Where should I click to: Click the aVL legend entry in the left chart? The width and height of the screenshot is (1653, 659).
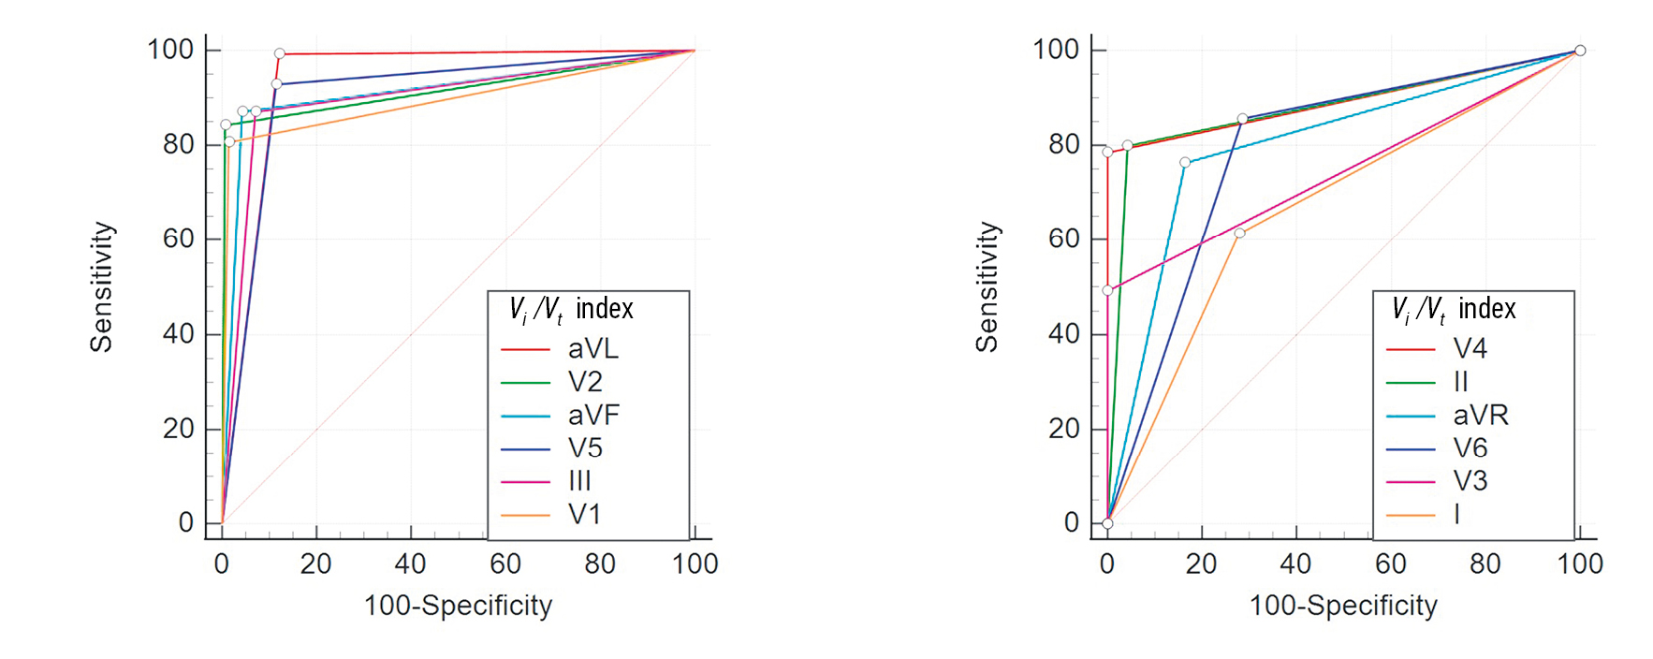[592, 349]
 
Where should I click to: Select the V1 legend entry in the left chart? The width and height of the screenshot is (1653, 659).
[584, 514]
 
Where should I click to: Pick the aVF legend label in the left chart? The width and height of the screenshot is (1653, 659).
[593, 415]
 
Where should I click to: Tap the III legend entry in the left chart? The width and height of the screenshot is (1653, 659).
[579, 481]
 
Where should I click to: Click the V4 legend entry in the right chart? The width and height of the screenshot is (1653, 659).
[1470, 349]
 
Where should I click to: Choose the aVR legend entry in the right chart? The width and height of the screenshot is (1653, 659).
[1480, 415]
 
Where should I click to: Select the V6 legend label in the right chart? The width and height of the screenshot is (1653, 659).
[1470, 448]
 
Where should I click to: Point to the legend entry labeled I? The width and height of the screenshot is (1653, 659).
[1456, 514]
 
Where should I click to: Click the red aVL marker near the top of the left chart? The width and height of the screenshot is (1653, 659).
[279, 53]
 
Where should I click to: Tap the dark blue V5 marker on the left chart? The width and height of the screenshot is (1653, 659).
[276, 84]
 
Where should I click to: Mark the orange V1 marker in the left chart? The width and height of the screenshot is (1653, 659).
[229, 142]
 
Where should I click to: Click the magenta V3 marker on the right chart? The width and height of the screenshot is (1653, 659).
[1107, 290]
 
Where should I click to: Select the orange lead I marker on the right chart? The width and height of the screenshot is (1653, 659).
[1239, 233]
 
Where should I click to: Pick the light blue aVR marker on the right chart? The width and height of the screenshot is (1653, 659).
[1185, 163]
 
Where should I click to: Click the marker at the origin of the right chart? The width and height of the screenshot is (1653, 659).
[1107, 523]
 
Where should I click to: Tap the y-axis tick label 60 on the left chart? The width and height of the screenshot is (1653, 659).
[178, 239]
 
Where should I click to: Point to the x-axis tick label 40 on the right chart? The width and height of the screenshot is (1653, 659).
[1295, 564]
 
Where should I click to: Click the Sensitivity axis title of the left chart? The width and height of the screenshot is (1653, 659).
[101, 286]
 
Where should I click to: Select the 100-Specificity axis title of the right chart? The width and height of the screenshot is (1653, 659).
[1343, 606]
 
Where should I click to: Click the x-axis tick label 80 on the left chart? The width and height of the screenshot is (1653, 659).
[600, 564]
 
